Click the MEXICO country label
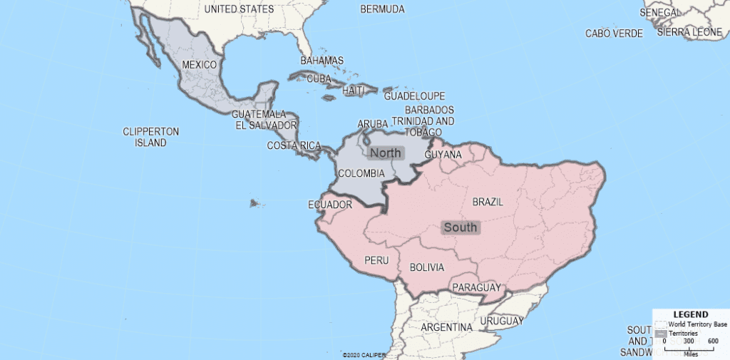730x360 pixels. point(199,65)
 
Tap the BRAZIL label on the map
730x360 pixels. point(488,202)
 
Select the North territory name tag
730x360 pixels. point(386,153)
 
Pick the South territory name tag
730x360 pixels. point(461,227)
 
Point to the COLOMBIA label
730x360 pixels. point(361,173)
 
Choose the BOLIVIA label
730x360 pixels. point(426,267)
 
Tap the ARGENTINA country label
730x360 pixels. point(446,327)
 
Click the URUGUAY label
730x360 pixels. point(502,322)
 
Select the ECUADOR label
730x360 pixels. point(330,205)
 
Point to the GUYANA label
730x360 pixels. point(443,154)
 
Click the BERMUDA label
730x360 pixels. point(382,9)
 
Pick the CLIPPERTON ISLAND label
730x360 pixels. point(150,137)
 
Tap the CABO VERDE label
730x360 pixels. point(614,33)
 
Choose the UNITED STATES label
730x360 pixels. point(239,9)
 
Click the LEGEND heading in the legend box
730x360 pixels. point(690,314)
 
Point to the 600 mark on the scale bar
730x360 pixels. point(712,341)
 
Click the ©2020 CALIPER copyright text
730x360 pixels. point(364,354)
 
